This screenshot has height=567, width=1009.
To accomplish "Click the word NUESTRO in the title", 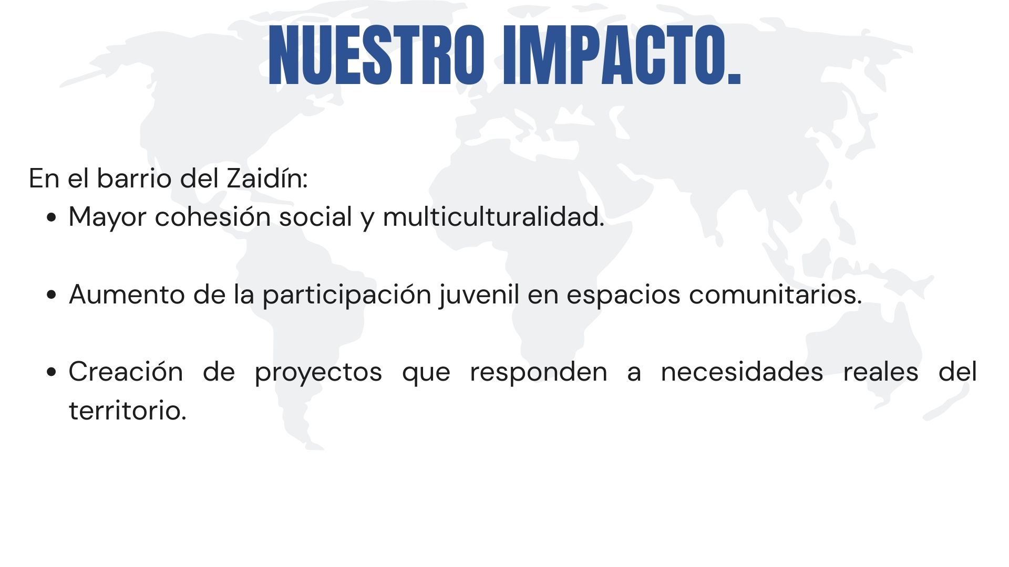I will coord(376,55).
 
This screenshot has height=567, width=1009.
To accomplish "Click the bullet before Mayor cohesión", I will coord(51,217).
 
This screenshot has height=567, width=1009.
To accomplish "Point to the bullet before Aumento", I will coord(51,295).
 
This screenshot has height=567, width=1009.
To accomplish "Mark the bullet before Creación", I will coord(51,372).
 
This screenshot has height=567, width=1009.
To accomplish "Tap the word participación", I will coord(347,295).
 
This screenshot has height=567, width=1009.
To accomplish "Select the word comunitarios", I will coord(775,295).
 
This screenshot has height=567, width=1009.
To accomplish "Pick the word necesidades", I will coord(742,372).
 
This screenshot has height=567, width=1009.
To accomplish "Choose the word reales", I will coord(880,372).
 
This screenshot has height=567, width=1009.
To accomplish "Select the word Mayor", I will coord(107,217).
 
